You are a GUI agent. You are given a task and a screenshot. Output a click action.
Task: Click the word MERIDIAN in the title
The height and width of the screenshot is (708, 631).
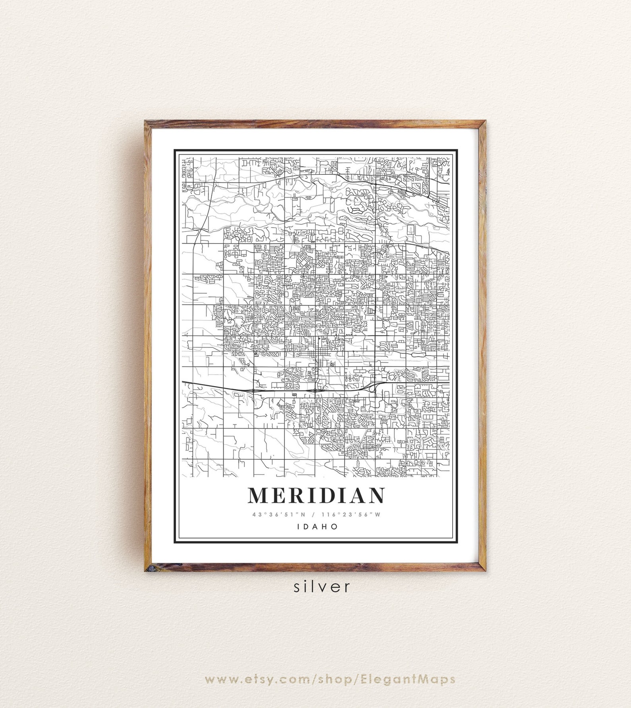pos(316,495)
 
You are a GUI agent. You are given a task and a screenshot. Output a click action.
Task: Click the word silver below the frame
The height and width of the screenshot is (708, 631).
pos(322,587)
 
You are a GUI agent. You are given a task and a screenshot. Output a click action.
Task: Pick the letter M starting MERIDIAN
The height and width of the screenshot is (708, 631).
pos(257,495)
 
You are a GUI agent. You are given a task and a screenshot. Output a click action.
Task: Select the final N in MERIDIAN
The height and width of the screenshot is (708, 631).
pos(375,495)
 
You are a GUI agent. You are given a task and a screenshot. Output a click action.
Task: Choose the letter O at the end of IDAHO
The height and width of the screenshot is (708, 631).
pos(335,526)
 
